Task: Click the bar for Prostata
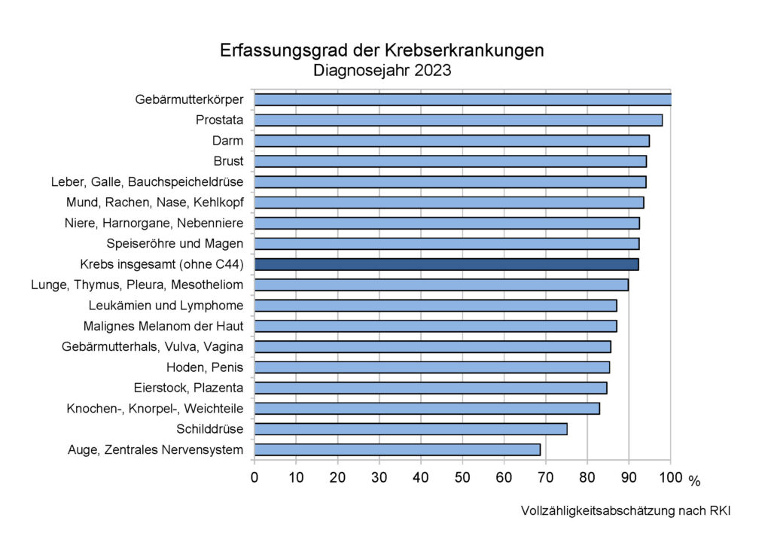tap(458, 120)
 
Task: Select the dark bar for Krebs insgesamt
tap(446, 264)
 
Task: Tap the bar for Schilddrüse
tap(410, 429)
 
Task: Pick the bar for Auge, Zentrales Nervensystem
tap(397, 449)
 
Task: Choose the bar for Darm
tap(452, 141)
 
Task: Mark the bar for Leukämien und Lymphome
tap(435, 306)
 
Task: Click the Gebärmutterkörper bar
tap(462, 99)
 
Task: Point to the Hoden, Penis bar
tap(431, 367)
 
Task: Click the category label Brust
tap(229, 161)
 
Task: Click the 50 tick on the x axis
tap(462, 476)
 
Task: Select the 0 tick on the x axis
tap(254, 476)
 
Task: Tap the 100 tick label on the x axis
tap(670, 476)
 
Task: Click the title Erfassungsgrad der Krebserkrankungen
tap(382, 50)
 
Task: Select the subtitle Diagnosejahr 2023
tap(382, 72)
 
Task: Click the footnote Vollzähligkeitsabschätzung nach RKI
tap(625, 511)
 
